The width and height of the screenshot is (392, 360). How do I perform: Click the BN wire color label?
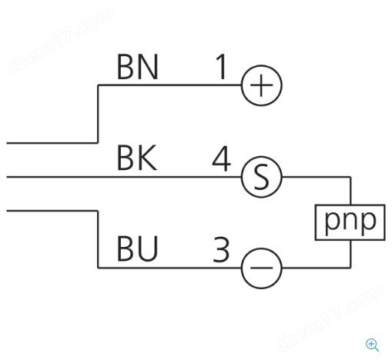[x=137, y=67]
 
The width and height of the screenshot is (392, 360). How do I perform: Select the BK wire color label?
[x=137, y=158]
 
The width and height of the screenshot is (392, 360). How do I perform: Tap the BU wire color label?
[x=137, y=248]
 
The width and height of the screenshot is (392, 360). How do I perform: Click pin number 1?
[x=221, y=67]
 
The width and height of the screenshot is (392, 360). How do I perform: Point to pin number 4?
[x=222, y=158]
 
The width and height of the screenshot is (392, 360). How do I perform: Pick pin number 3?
[x=221, y=249]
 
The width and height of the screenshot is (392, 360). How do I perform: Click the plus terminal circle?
[x=262, y=65]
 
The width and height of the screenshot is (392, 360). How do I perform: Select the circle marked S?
[x=262, y=156]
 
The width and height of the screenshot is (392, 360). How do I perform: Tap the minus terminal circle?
[x=262, y=248]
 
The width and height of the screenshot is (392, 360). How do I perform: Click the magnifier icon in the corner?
[x=372, y=345]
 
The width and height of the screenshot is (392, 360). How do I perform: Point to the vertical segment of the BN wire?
[x=98, y=114]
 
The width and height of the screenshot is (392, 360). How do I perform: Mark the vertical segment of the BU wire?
[x=98, y=239]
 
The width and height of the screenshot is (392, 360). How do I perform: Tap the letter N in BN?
[x=148, y=67]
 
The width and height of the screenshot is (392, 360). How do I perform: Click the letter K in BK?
[x=147, y=158]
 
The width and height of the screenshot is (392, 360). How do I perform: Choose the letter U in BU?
[x=148, y=249]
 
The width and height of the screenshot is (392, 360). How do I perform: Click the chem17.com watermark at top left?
[x=61, y=41]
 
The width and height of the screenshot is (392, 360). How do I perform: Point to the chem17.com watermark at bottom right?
[x=330, y=318]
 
